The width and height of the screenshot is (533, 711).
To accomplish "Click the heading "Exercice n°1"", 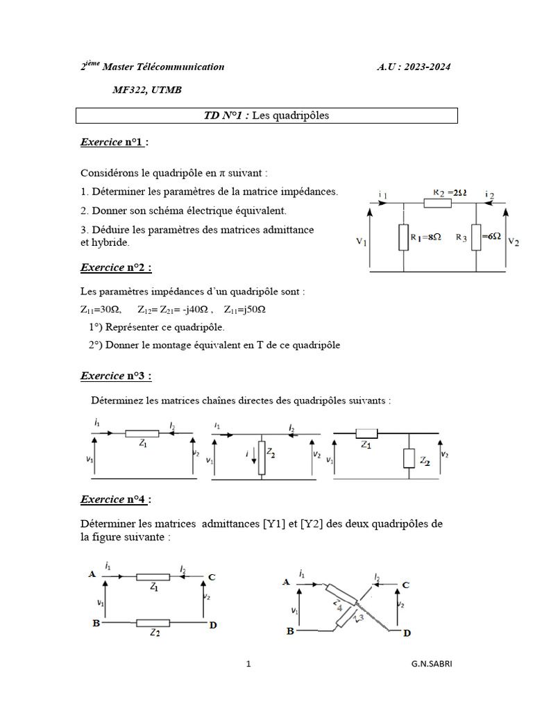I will (x=115, y=142).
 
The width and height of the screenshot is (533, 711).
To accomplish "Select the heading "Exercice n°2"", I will (x=116, y=267).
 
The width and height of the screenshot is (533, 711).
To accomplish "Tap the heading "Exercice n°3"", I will (x=116, y=376).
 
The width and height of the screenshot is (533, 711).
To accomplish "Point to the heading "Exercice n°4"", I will (x=116, y=499).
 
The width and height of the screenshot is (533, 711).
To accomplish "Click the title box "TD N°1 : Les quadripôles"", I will (x=266, y=116).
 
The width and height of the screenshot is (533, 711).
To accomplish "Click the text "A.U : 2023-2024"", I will (x=414, y=67).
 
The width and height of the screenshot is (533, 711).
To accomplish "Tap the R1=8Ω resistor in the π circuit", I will (x=403, y=237).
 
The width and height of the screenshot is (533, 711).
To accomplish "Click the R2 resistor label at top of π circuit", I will (x=448, y=192).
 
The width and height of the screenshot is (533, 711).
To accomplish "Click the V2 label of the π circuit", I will (x=514, y=241).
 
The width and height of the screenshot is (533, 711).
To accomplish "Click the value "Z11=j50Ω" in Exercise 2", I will (x=245, y=310).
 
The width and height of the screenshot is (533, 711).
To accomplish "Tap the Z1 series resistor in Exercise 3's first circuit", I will (x=142, y=433).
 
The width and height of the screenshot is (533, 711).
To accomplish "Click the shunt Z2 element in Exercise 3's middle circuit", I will (x=261, y=456).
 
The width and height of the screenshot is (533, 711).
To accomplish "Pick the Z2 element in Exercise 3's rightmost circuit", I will (x=409, y=458).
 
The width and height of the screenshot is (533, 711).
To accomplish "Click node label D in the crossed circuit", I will (x=407, y=633).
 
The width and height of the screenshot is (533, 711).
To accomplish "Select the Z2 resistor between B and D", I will (x=153, y=623).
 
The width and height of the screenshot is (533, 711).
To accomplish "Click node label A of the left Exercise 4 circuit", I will (x=92, y=574).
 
